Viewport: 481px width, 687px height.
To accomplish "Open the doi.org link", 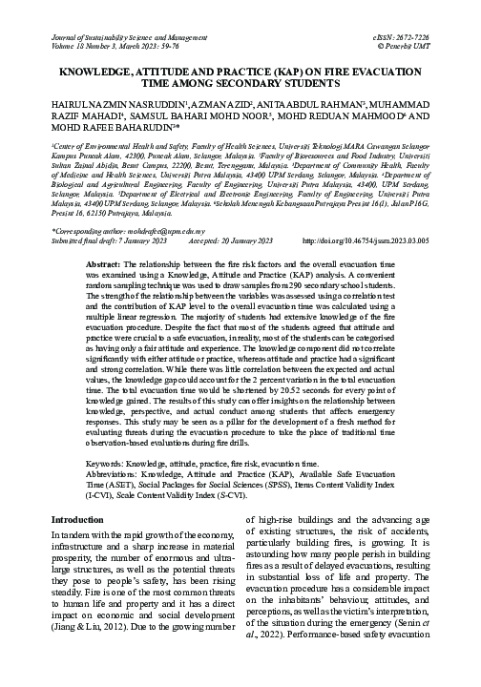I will (381, 267).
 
